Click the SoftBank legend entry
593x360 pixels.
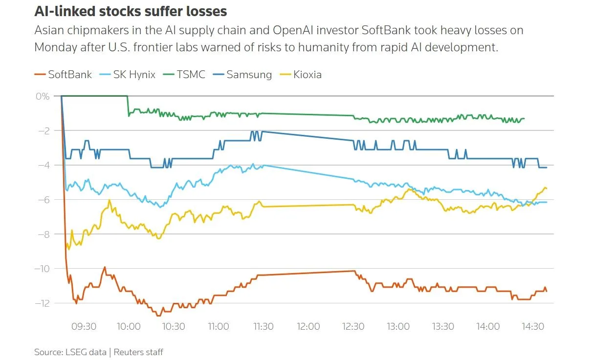coord(63,75)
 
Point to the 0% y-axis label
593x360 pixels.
coord(43,96)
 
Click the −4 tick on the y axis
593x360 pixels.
coord(44,165)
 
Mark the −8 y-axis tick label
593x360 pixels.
coord(44,234)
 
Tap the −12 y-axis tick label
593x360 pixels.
coord(43,303)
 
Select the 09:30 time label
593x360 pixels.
coord(84,326)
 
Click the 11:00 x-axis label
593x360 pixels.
coord(219,326)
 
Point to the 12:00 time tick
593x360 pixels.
coord(308,326)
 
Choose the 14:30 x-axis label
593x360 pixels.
coord(533,326)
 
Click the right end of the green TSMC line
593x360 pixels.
coord(524,119)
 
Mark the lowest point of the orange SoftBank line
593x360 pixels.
coord(158,316)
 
